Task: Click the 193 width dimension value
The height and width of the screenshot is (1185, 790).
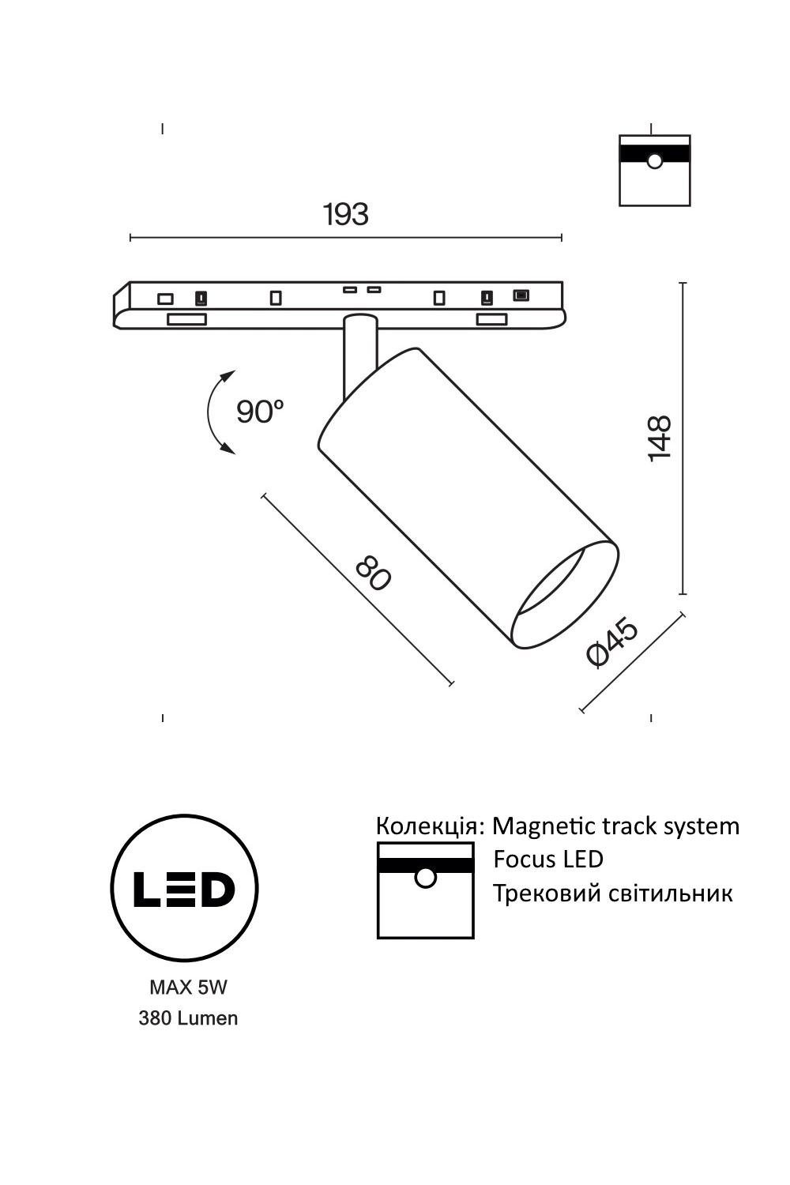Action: point(345,214)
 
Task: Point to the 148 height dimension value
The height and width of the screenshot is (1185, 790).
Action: point(660,438)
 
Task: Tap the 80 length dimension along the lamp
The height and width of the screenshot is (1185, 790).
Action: point(374,573)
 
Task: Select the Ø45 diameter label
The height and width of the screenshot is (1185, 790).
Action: point(613,642)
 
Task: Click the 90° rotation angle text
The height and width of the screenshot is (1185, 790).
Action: point(260,412)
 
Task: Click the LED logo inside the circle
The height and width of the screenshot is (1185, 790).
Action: point(184,889)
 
